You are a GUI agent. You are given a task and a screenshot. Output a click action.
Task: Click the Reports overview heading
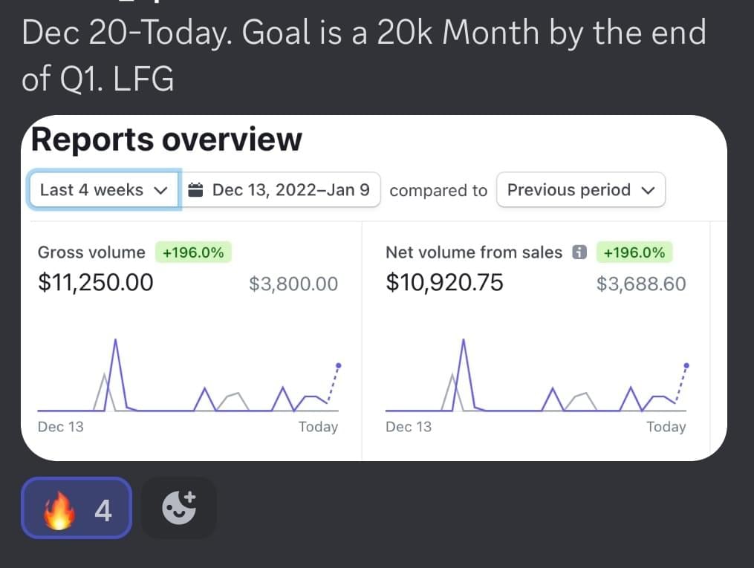coord(166,139)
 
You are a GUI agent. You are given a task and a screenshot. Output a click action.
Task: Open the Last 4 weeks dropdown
coord(104,190)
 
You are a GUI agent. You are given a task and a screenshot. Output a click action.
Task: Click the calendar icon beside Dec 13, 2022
coord(196,190)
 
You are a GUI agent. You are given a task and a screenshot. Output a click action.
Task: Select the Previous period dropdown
coord(580,190)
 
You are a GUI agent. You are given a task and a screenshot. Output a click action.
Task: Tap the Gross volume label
coord(91,252)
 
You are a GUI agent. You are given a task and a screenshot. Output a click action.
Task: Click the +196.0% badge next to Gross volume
coord(193,252)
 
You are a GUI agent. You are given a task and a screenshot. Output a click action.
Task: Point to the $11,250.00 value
coord(96,283)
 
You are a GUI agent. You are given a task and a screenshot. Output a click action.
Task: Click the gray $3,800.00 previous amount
coord(293,284)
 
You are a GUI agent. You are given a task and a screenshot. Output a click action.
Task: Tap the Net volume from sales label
coord(474,252)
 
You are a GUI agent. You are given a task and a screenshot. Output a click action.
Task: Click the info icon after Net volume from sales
coord(579,252)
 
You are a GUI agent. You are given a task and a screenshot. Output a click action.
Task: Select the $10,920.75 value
coord(444,283)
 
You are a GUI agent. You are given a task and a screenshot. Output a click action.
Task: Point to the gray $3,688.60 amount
coord(641,284)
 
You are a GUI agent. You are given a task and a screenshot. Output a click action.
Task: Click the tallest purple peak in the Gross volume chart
coord(115,341)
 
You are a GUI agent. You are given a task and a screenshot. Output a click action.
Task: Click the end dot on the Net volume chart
coord(686,365)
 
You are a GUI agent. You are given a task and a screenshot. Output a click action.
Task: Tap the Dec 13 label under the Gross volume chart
coord(61,427)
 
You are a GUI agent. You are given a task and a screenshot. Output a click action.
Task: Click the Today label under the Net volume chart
coord(666,427)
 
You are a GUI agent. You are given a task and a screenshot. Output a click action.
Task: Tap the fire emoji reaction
coord(77,508)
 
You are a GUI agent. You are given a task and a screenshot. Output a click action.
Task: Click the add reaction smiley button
coord(179,508)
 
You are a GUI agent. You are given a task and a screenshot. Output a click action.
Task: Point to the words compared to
coord(438,191)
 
